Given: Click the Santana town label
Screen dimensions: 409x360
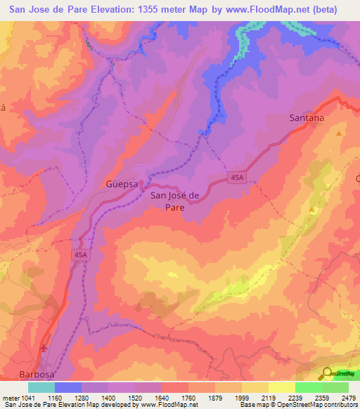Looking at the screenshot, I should (x=307, y=118).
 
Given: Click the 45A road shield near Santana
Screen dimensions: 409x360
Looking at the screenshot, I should (x=237, y=180).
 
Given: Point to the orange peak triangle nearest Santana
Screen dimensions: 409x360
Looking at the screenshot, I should (x=340, y=134).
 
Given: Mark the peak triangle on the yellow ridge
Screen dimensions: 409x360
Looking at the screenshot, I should (x=312, y=209).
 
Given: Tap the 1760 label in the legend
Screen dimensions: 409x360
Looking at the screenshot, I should (x=174, y=398).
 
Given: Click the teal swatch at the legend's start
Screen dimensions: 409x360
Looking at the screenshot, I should (x=41, y=387).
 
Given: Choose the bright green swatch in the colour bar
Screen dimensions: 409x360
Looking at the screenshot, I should (x=308, y=387).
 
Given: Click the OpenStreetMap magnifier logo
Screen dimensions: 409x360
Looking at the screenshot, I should (x=328, y=373).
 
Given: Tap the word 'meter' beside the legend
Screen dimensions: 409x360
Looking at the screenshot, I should (x=11, y=398).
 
